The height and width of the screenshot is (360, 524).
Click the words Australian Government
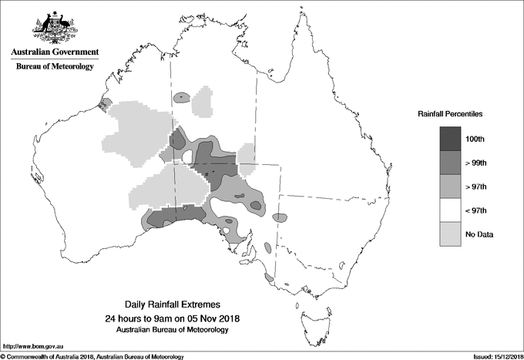click(55, 52)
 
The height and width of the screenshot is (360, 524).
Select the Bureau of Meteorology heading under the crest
click(55, 67)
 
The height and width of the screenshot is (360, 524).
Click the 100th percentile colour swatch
click(451, 139)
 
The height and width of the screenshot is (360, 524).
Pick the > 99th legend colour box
click(451, 163)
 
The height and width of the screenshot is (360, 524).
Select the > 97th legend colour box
click(451, 187)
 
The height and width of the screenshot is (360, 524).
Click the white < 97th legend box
click(451, 210)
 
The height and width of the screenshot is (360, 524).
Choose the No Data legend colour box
click(451, 234)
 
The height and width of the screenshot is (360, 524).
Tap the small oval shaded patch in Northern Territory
click(182, 98)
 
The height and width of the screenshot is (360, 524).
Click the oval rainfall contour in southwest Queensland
click(283, 216)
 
